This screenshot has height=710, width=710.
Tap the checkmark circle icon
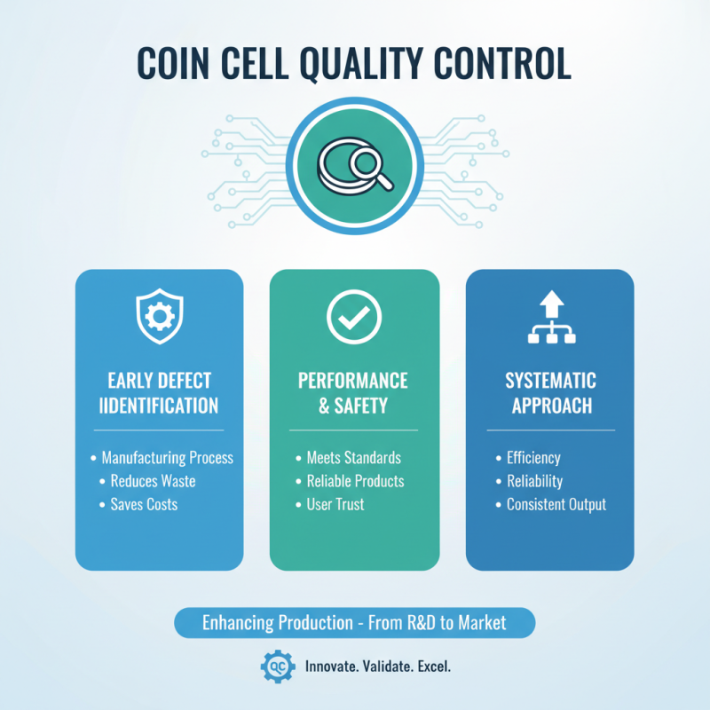click(353, 317)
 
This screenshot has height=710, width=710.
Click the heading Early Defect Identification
click(159, 393)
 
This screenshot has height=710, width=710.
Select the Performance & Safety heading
click(353, 393)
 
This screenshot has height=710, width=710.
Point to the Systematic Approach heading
click(550, 393)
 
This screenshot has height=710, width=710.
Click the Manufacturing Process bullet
click(167, 458)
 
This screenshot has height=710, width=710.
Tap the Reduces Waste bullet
click(153, 481)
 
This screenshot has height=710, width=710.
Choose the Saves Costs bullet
click(144, 504)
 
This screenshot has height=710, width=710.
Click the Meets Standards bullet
click(353, 458)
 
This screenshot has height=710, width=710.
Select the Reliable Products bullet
click(355, 481)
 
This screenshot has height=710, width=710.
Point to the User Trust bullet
click(335, 504)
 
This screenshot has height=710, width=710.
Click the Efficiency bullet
click(533, 458)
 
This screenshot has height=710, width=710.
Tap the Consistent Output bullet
click(556, 504)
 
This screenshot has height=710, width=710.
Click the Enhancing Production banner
click(354, 622)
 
